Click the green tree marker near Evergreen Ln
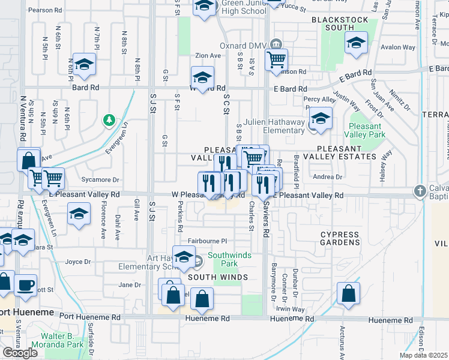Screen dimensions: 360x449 (109, 121)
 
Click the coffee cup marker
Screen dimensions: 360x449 (25, 285)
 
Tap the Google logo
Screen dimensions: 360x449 (20, 353)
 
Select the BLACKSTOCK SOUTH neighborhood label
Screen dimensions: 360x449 (341, 23)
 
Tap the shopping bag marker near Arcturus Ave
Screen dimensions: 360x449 (348, 293)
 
